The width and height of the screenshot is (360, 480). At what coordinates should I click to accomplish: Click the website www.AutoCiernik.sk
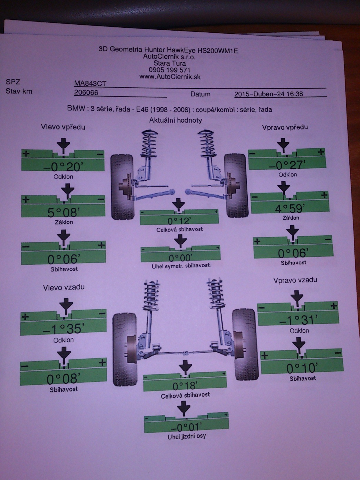[x=170, y=77]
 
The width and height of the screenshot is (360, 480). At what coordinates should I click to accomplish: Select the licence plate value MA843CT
[x=90, y=84]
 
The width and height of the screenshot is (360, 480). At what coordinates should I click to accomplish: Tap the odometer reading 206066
[x=86, y=93]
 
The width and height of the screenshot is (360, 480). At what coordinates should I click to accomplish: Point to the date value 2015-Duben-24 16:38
[x=269, y=94]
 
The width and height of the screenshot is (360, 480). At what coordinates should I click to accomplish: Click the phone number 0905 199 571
[x=169, y=70]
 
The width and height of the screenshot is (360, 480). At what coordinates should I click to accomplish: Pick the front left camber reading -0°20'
[x=63, y=167]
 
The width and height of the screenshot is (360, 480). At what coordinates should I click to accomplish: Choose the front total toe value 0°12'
[x=179, y=221]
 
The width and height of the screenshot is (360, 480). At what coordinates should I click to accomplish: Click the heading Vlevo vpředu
[x=63, y=127]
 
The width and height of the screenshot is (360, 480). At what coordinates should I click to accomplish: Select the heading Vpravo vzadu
[x=295, y=280]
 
